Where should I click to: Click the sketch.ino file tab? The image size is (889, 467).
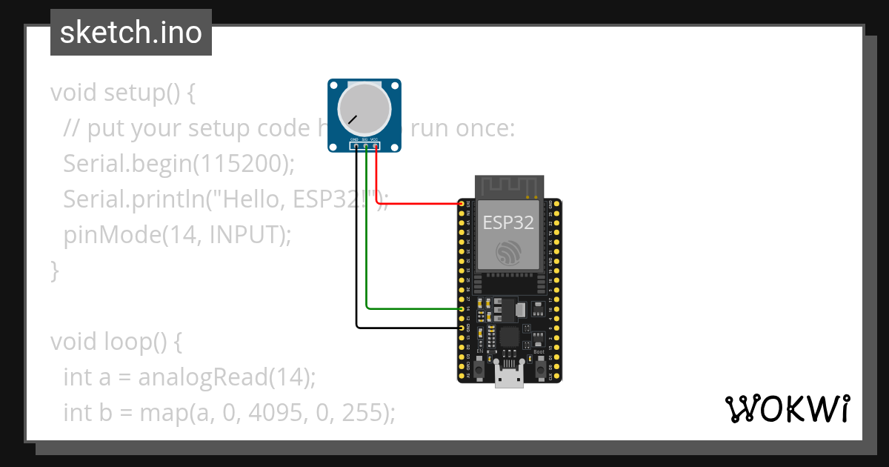coord(130,33)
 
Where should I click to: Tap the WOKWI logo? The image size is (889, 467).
coord(787,408)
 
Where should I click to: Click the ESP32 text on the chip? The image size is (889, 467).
coord(508,222)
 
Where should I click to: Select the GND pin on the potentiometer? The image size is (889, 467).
coord(356,146)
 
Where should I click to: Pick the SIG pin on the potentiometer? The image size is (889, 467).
coord(366,146)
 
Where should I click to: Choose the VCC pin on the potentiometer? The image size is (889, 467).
coord(376,146)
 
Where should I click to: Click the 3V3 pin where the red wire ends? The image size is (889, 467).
coord(462,204)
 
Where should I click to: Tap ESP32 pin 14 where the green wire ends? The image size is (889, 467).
coord(462,308)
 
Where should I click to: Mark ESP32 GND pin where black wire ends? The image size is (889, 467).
coord(462,327)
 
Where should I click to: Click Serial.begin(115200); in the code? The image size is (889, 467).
coord(179,163)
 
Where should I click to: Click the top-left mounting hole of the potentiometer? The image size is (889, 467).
coord(334,85)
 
